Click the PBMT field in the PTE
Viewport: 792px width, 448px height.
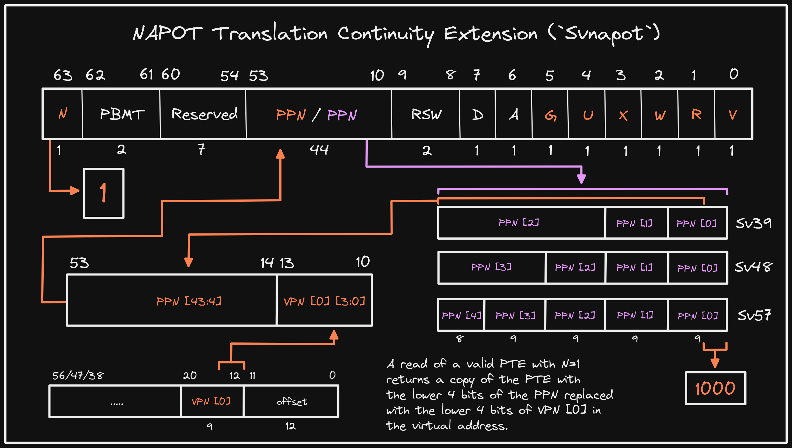point(121,114)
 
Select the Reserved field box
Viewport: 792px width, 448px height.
point(203,114)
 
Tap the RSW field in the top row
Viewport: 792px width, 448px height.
point(426,114)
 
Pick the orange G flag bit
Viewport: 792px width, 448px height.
point(550,115)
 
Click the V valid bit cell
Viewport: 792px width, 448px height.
point(733,114)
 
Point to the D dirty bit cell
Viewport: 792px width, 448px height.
point(477,114)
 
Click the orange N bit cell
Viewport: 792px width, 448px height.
point(63,114)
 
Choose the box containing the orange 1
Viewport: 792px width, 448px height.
point(104,193)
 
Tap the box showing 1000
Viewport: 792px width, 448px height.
point(715,388)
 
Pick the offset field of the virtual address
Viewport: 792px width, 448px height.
point(291,401)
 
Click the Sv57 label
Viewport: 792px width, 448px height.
point(754,315)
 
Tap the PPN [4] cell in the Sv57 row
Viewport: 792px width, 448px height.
point(461,315)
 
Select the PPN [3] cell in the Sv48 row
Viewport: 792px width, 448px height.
point(491,267)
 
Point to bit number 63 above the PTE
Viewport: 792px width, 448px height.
point(62,75)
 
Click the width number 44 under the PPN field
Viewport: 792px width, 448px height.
point(319,149)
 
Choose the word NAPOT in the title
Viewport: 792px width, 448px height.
point(167,33)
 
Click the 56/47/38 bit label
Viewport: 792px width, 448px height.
point(78,375)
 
